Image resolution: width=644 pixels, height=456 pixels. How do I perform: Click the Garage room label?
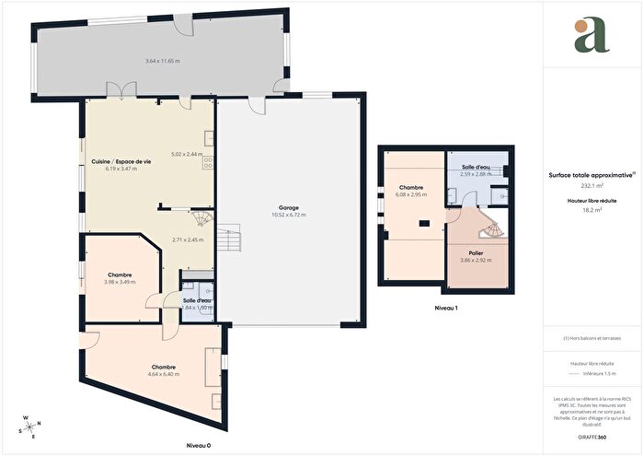290,207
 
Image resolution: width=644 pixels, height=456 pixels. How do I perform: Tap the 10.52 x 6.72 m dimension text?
290,215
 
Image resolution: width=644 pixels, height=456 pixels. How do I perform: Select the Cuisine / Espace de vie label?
121,161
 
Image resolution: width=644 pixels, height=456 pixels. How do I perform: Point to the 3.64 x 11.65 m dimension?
163,61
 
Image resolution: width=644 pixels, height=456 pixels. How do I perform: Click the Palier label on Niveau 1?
477,253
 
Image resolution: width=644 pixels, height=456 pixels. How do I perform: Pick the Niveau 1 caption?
445,308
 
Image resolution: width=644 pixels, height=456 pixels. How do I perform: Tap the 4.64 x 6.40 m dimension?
164,374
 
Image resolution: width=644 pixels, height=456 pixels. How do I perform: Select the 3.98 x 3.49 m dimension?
121,282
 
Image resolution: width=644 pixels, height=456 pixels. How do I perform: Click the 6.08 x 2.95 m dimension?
410,194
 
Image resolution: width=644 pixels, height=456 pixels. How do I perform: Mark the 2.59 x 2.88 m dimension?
477,174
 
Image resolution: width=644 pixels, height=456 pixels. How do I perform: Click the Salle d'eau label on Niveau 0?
197,300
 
